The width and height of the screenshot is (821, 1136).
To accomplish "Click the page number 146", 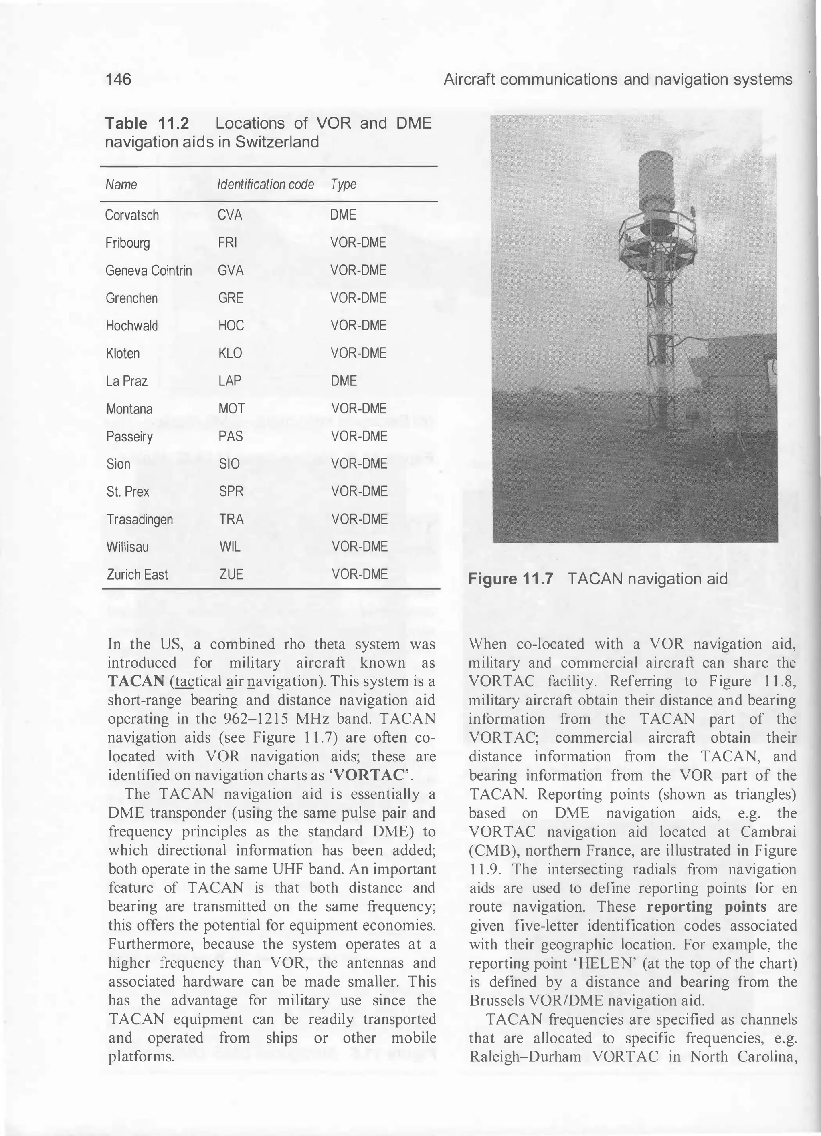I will click(x=118, y=79).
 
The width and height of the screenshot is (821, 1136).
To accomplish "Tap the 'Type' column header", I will click(x=343, y=185).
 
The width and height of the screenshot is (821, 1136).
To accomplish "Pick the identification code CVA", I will click(x=230, y=216).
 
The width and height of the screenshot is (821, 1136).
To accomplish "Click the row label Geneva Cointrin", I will click(x=148, y=271).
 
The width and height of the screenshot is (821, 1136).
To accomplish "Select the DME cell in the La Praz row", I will click(x=344, y=381).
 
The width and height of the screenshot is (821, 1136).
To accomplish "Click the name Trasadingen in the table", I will click(x=140, y=520).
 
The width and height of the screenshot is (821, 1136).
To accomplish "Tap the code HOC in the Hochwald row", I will click(x=231, y=326).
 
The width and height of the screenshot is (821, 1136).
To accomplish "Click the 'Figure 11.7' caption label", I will click(x=510, y=580).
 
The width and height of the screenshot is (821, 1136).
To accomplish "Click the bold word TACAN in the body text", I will click(x=136, y=681).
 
